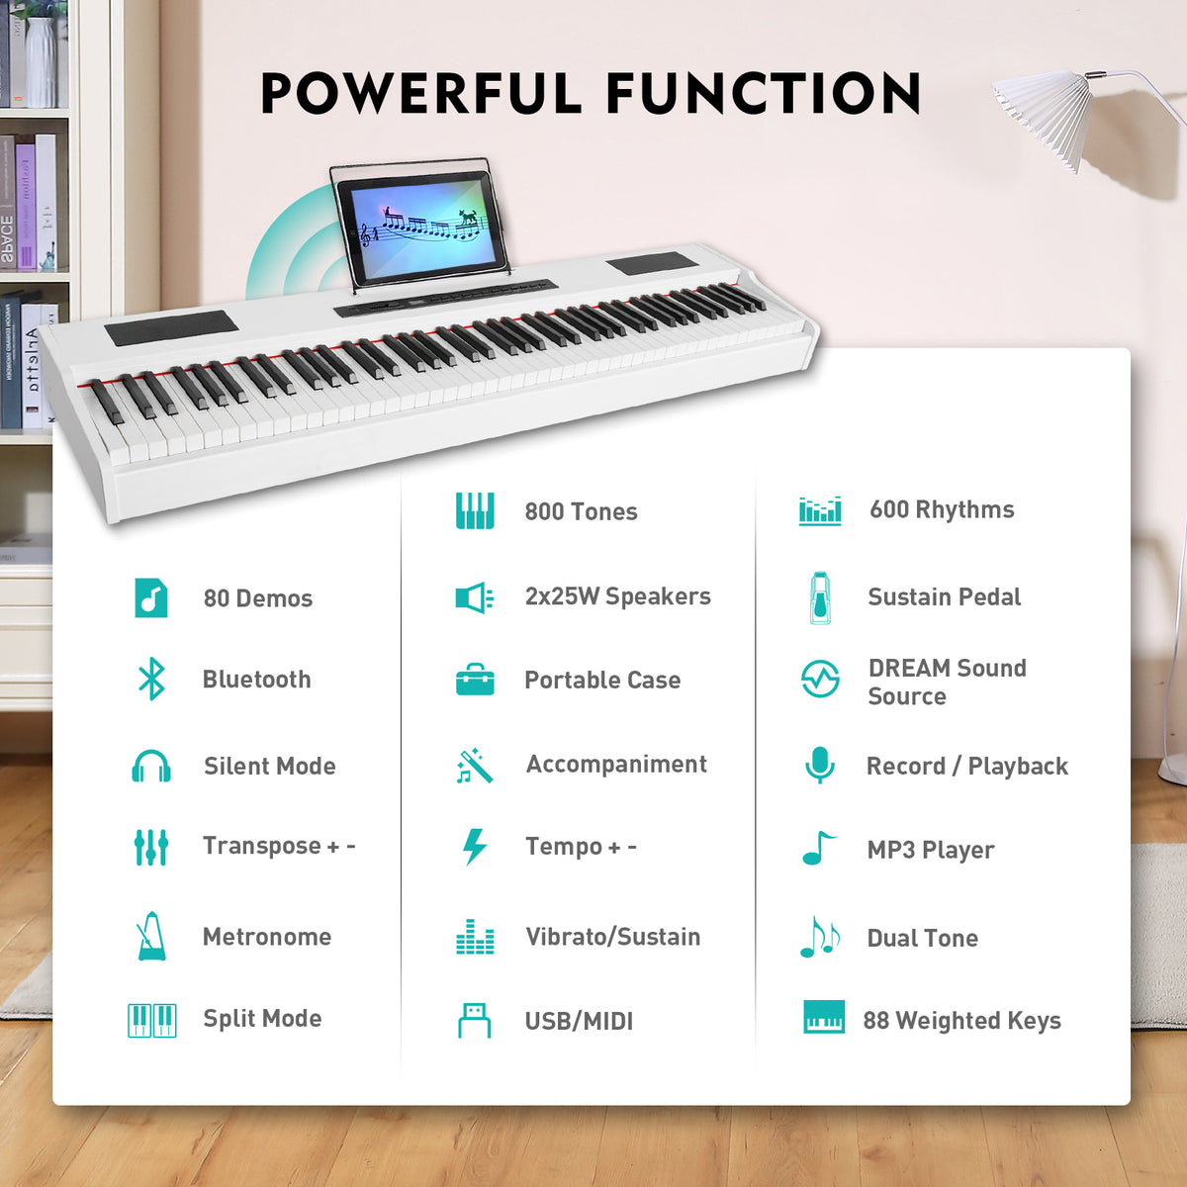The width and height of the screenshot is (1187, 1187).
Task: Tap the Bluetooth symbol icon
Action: pos(151,679)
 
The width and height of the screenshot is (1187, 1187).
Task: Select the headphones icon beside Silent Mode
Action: pos(151,767)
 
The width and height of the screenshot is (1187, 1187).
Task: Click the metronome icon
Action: pos(151,936)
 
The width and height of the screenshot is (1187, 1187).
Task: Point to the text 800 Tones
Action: pos(581,511)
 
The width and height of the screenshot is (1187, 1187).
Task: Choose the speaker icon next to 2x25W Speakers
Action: pos(474,596)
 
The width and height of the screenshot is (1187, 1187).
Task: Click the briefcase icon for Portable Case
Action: pos(475,680)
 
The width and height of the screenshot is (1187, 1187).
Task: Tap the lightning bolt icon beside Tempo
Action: pos(475,847)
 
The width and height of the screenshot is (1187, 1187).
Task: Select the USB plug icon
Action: pos(475,1020)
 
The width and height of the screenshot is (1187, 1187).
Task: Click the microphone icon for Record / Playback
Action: pos(819,765)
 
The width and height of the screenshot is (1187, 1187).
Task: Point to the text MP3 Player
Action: pos(930,850)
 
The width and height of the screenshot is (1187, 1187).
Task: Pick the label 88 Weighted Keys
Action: pos(961,1020)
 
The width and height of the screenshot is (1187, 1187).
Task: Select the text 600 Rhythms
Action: pos(942,509)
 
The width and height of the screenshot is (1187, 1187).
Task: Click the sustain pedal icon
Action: pos(819,596)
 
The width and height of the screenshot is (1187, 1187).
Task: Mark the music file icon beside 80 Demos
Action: pos(151,597)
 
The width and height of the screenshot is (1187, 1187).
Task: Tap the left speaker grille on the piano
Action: pos(171,327)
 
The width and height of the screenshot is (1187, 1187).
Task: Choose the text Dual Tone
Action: pos(922,938)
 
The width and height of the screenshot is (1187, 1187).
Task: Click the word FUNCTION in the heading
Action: pos(763,94)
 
